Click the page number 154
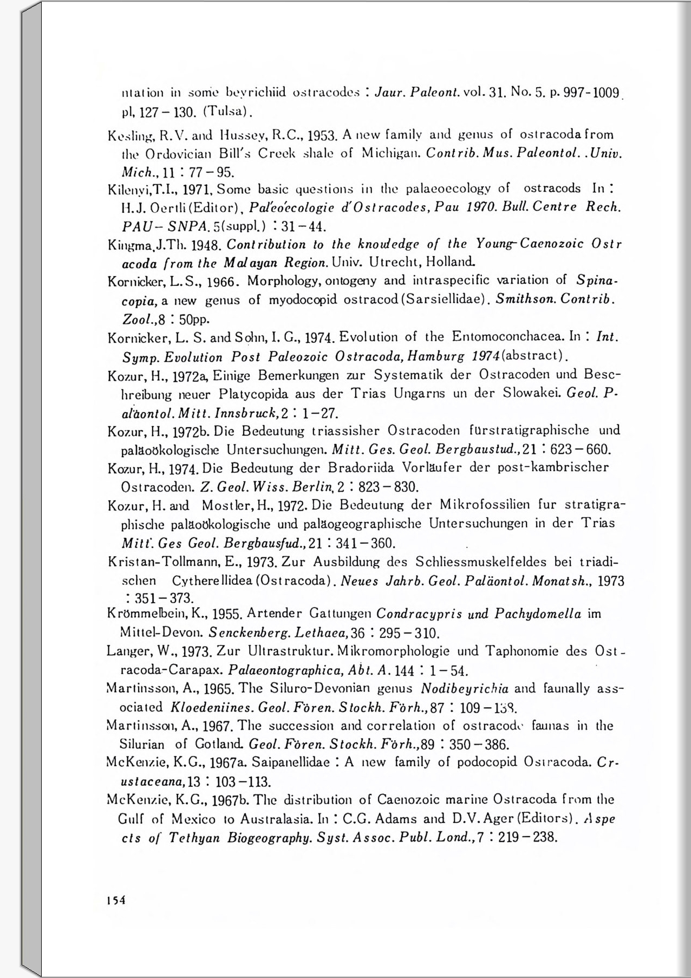(x=116, y=900)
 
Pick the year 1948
(x=206, y=245)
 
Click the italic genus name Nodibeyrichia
(x=464, y=689)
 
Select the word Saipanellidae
(x=291, y=762)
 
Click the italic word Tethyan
(x=194, y=838)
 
